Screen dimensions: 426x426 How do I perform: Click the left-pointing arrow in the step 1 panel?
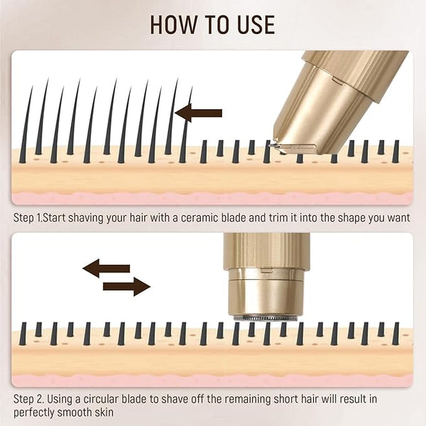click(x=198, y=113)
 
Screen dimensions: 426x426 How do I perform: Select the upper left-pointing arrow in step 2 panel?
click(x=106, y=268)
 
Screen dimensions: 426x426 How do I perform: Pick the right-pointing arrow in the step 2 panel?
click(x=126, y=287)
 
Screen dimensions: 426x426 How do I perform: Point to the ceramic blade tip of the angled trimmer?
click(x=273, y=146)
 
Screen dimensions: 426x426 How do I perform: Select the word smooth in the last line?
click(x=74, y=413)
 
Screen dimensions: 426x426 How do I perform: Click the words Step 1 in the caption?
click(x=28, y=218)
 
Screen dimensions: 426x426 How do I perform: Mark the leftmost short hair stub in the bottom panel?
click(x=23, y=334)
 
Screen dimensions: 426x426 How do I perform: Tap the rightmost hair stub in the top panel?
click(x=396, y=152)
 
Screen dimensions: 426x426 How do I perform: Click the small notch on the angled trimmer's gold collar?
click(x=337, y=81)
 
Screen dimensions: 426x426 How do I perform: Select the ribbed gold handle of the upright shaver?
click(x=266, y=250)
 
